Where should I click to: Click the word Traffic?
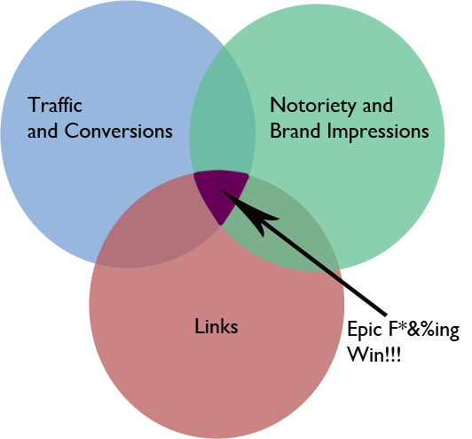point(55,105)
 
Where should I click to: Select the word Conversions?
point(118,131)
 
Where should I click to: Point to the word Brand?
point(295,131)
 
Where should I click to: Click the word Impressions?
point(378,132)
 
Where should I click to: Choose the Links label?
point(216,325)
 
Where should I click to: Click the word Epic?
point(365,330)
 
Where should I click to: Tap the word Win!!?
point(374,354)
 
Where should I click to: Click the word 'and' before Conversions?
point(43,131)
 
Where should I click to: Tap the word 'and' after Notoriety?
point(377,105)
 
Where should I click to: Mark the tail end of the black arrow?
point(385,315)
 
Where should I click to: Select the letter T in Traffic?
point(34,105)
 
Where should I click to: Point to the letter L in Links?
point(200,326)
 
